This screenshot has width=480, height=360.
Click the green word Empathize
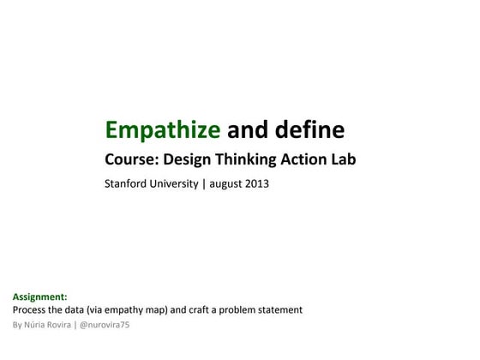(x=162, y=129)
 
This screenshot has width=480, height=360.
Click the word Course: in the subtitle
(x=131, y=159)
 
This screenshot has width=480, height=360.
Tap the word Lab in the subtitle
(x=344, y=159)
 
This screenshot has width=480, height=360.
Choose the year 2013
(x=255, y=183)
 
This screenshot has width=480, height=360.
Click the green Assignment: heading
(x=40, y=297)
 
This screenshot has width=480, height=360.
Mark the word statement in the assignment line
(x=284, y=309)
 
